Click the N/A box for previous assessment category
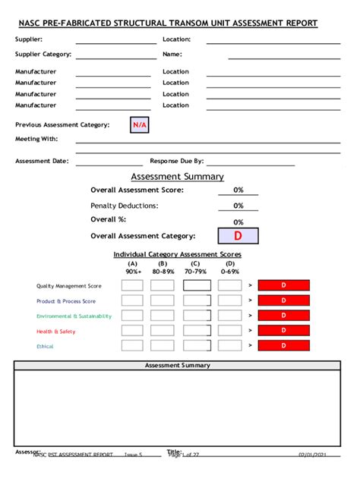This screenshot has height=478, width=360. (139, 124)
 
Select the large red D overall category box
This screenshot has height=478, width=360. (238, 236)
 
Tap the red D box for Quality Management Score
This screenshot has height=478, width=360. (283, 285)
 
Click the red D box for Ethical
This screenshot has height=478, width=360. (283, 345)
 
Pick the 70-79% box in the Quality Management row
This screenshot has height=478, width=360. (197, 285)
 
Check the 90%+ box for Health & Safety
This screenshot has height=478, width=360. (132, 331)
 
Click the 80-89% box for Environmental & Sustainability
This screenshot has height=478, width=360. (163, 316)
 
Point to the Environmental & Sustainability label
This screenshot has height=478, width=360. (74, 316)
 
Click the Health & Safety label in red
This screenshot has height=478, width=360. (55, 331)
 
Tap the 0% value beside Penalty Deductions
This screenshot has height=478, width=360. (238, 206)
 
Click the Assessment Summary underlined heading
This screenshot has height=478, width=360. (177, 177)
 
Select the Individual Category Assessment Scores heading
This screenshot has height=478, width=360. (177, 254)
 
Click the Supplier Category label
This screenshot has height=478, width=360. (43, 55)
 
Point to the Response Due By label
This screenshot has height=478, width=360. (177, 161)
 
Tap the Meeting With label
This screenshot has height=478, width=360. (36, 139)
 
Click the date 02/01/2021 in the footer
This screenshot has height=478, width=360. (313, 454)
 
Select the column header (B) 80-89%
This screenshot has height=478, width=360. (163, 267)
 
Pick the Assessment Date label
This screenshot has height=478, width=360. (43, 161)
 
